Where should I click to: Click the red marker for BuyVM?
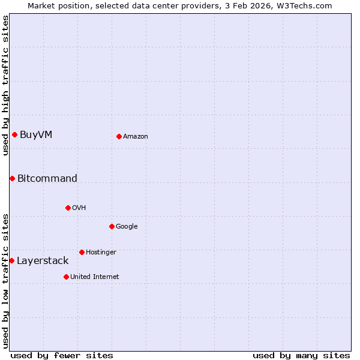[x=14, y=134]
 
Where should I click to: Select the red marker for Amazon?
[x=119, y=136]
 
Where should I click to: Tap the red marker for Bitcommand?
[x=12, y=178]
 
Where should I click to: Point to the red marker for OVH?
[x=68, y=208]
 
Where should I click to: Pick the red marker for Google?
[x=112, y=226]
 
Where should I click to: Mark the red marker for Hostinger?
[x=82, y=252]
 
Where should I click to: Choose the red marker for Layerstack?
[x=11, y=260]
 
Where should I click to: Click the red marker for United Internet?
[x=66, y=277]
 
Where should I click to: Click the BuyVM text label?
[x=36, y=134]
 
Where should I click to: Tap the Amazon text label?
[x=136, y=137]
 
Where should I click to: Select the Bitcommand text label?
[x=47, y=178]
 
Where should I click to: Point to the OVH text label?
[x=79, y=208]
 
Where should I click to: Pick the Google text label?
[x=127, y=227]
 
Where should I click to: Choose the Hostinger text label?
[x=101, y=253]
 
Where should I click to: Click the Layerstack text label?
[x=43, y=261]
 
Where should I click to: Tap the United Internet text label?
[x=95, y=277]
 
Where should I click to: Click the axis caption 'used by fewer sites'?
[x=62, y=355]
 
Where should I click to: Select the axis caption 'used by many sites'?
[x=301, y=355]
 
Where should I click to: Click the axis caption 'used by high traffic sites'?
[x=5, y=85]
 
